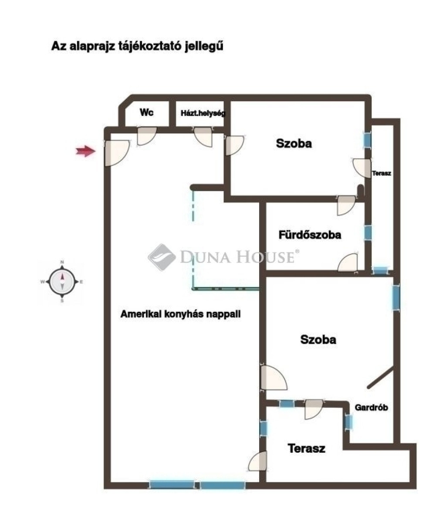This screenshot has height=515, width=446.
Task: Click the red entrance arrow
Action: click(x=86, y=151)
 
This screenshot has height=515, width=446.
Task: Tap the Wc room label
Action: click(x=147, y=113)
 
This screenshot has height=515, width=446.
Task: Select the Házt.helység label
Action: click(x=203, y=113)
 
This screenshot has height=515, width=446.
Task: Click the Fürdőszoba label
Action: click(x=310, y=235)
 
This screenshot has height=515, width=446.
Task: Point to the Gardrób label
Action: click(x=371, y=407)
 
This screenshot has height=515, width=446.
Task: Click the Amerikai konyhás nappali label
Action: click(x=180, y=314)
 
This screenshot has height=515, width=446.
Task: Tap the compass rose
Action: click(x=62, y=281)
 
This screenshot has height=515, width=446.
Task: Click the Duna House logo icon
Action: click(x=162, y=257)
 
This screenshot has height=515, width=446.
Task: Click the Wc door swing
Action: click(x=146, y=136)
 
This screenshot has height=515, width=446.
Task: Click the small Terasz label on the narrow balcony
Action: click(x=382, y=173)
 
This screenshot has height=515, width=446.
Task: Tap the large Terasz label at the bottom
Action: click(x=306, y=448)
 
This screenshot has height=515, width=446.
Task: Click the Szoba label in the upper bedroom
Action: click(x=294, y=143)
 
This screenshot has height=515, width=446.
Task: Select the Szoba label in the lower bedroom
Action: click(x=318, y=340)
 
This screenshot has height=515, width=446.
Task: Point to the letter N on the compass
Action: click(x=62, y=262)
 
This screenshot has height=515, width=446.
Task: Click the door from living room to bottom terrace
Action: click(x=258, y=461)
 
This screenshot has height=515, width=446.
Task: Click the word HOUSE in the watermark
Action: click(x=266, y=256)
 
